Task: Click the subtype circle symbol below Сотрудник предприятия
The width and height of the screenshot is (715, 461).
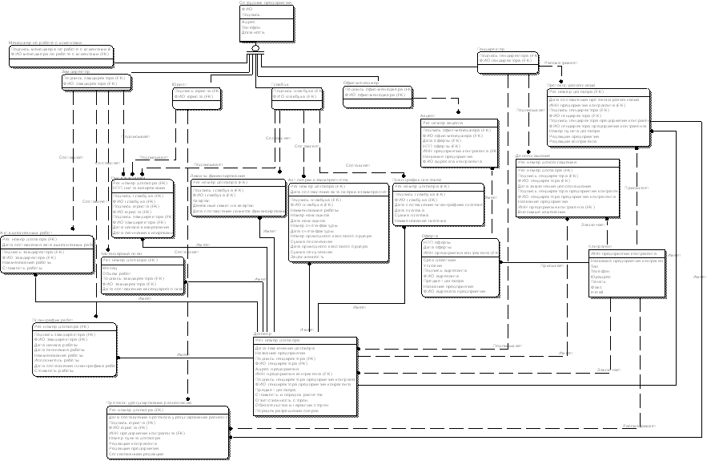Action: (x=255, y=49)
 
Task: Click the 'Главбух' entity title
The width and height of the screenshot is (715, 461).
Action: (x=279, y=83)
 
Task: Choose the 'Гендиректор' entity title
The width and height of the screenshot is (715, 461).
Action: (x=490, y=48)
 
